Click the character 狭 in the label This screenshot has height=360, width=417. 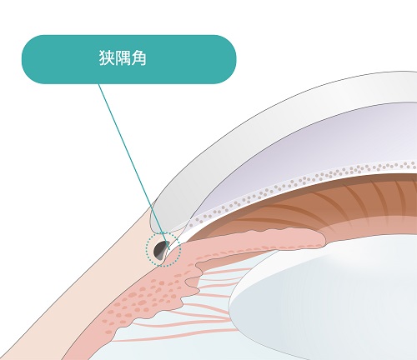click(106, 58)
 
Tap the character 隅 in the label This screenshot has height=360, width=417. click(123, 58)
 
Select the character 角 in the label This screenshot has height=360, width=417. click(138, 58)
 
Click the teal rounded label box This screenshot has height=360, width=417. click(129, 59)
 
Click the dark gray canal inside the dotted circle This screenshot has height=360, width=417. click(161, 250)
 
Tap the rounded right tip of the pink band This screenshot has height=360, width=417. click(324, 238)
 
